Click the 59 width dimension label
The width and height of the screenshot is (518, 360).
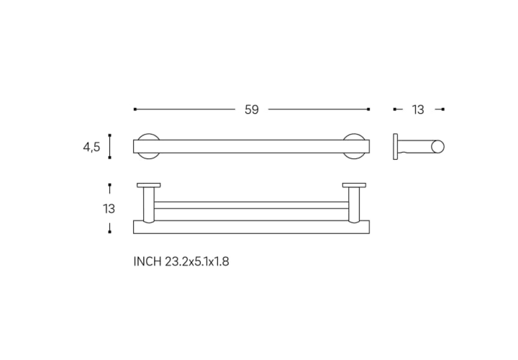[251, 109]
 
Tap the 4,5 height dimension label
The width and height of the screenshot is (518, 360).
[91, 147]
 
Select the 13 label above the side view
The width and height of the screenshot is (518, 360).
[418, 109]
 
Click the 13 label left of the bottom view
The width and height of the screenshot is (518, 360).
[109, 209]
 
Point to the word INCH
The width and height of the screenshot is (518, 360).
[147, 261]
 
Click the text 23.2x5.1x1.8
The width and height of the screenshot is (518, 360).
[196, 261]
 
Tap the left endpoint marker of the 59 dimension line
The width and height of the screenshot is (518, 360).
[135, 109]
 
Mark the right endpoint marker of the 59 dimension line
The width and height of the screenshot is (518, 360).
[368, 109]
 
